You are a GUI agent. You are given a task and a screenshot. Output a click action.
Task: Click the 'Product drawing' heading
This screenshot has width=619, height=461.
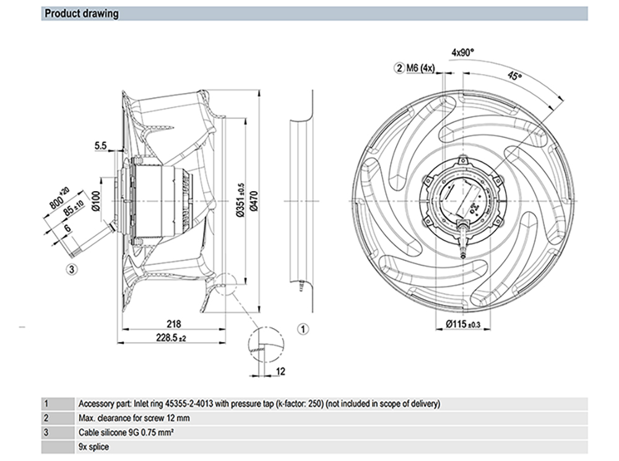point(82,13)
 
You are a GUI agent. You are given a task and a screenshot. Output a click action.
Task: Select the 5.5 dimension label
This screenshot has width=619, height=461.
point(102,146)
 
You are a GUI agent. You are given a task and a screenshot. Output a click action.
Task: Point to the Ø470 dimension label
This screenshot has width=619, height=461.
point(253,201)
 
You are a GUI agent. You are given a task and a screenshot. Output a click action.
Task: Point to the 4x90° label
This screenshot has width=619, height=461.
point(462,53)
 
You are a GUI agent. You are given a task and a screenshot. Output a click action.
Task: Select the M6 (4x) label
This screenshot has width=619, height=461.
point(421,67)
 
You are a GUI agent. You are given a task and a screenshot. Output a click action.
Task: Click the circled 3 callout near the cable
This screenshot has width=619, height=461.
point(72,269)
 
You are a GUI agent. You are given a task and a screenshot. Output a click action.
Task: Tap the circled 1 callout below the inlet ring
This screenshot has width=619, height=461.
point(303,329)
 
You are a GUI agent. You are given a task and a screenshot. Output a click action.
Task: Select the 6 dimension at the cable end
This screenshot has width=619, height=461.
point(67,228)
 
